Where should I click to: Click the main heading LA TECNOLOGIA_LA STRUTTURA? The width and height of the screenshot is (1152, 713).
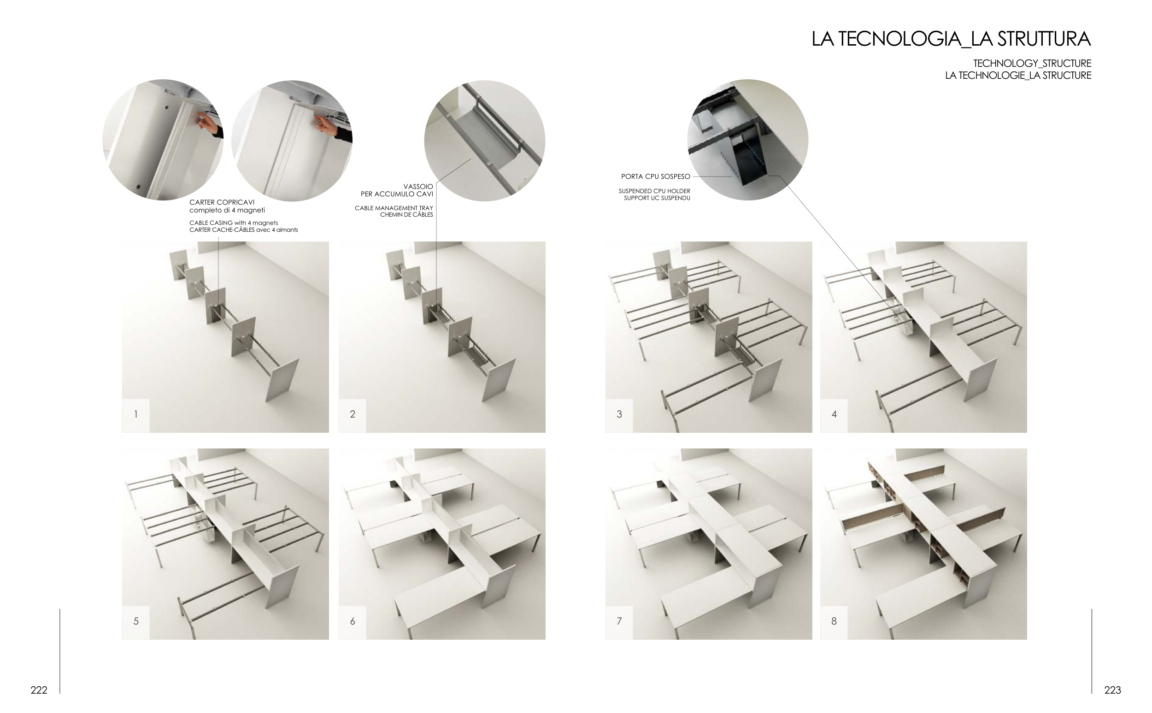[x=951, y=39]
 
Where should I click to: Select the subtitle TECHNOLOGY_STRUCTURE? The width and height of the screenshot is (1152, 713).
[x=1032, y=63]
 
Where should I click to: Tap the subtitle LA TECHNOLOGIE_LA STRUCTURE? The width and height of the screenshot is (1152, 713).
[x=1017, y=76]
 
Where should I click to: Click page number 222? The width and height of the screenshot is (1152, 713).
[x=39, y=690]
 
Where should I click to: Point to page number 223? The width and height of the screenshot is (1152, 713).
[x=1112, y=690]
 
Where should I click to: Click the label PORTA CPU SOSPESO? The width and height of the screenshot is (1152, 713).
[x=655, y=177]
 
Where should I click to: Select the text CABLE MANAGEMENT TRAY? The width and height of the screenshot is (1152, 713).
[x=394, y=208]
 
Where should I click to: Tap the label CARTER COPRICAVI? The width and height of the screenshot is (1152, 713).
[x=222, y=202]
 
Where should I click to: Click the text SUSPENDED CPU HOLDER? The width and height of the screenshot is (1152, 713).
[x=654, y=191]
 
